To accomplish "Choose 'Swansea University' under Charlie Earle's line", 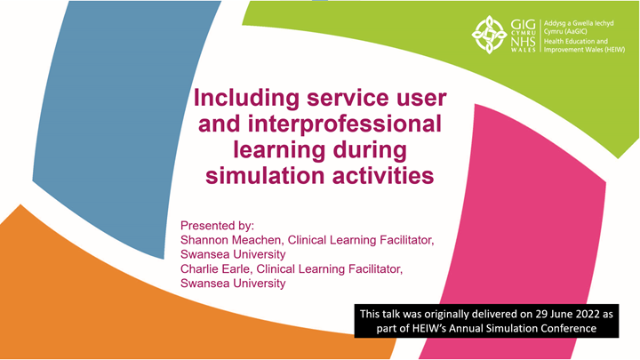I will click(233, 284).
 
